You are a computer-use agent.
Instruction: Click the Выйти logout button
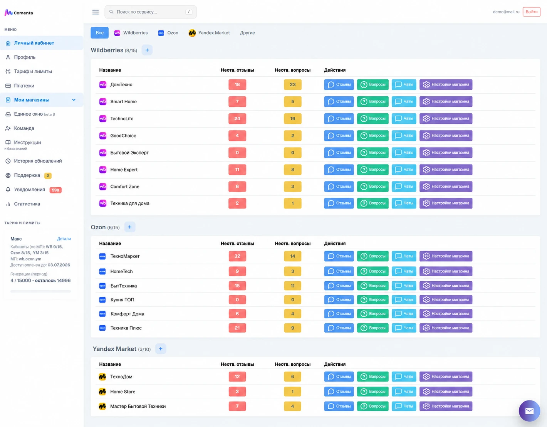[x=531, y=12]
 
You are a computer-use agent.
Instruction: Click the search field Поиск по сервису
[x=151, y=12]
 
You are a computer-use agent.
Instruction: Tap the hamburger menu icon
[x=96, y=12]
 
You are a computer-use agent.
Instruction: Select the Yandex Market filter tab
[x=209, y=33]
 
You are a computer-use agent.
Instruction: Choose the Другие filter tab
[x=247, y=33]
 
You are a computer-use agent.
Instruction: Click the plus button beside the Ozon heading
[x=130, y=227]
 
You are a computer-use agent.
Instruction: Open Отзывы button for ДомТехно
[x=339, y=85]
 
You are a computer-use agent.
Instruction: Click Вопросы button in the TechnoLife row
[x=372, y=119]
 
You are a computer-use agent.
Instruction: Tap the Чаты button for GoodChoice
[x=404, y=135]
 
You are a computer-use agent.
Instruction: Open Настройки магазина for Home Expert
[x=446, y=170]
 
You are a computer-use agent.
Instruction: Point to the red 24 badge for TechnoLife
[x=237, y=119]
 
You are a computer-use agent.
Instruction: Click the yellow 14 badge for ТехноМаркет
[x=292, y=256]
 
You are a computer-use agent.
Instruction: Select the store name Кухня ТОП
[x=122, y=299]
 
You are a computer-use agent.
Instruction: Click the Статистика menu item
[x=27, y=204]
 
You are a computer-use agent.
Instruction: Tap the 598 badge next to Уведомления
[x=55, y=190]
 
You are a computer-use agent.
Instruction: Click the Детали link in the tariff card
[x=64, y=239]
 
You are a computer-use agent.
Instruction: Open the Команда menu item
[x=24, y=128]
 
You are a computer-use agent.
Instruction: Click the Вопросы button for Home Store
[x=372, y=392]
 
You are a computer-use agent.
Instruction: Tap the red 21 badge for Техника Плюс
[x=237, y=328]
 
